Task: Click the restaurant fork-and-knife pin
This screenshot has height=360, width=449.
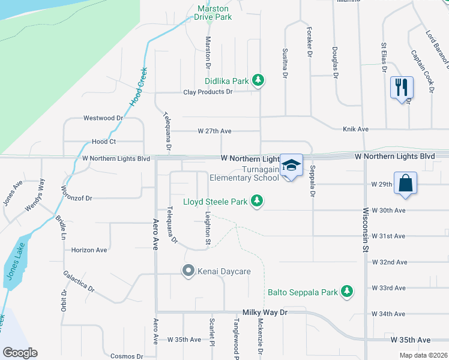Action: coord(402,88)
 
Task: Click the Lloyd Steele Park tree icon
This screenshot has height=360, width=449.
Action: coord(258,201)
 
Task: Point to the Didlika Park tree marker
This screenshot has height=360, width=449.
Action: coord(258,80)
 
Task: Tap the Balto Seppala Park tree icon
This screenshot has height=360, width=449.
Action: coord(346,292)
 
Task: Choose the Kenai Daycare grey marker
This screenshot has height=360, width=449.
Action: coord(188,271)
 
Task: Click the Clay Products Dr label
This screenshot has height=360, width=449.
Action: coord(208,92)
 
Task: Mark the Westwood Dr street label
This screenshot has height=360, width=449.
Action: coord(103,118)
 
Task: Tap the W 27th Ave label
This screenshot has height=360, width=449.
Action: coord(214,131)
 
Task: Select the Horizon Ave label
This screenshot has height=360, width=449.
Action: coord(89,250)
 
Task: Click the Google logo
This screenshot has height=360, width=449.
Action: coord(20,353)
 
